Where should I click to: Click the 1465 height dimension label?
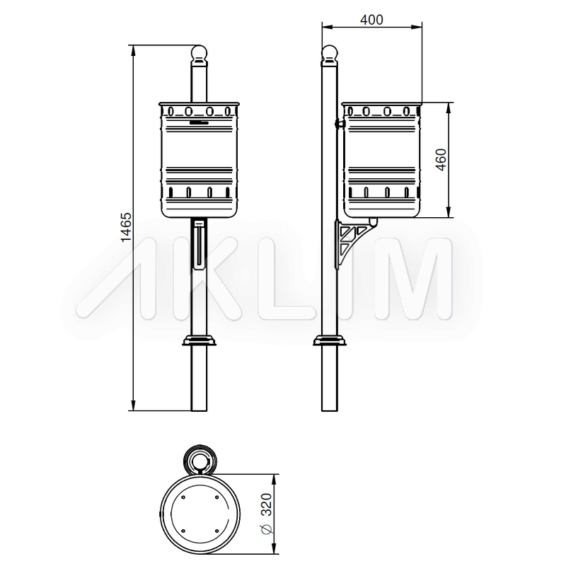point(126,227)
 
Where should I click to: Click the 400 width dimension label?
point(371,20)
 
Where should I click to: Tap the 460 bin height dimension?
point(441,160)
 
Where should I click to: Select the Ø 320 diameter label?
point(266,513)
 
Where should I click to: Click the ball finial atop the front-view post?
point(199,54)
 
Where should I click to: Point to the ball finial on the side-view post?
point(330,54)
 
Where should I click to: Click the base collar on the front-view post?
point(200,340)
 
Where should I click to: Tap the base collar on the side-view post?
point(330,340)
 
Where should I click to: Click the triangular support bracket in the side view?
point(350,243)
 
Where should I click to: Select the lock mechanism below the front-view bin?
point(200,244)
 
